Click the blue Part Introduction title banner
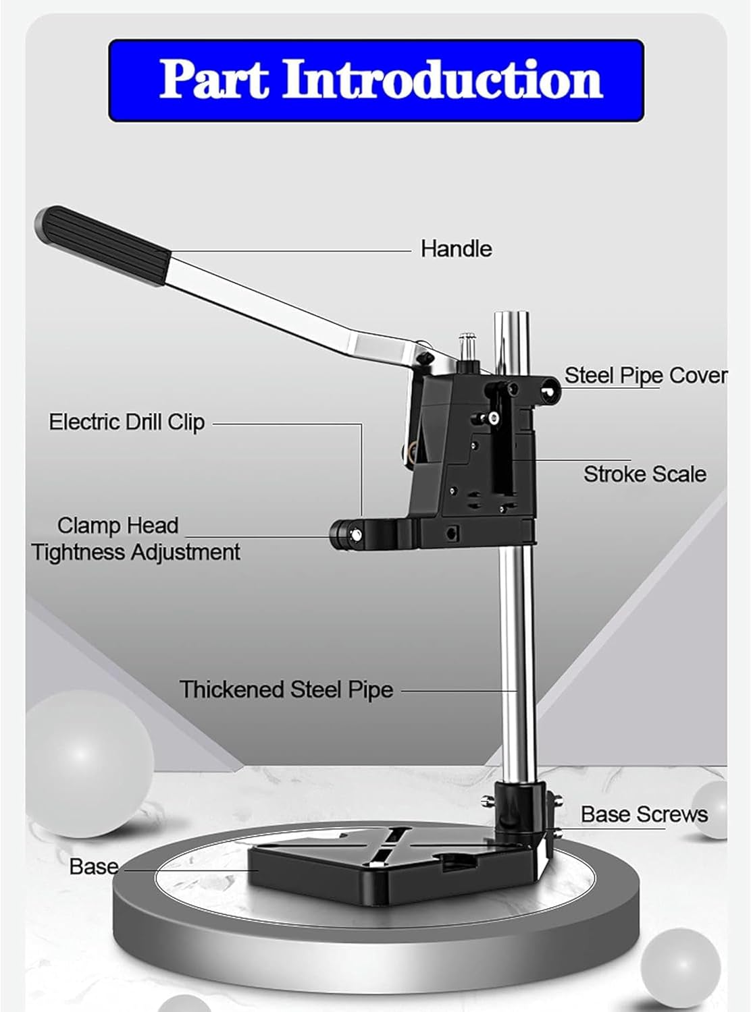(376, 80)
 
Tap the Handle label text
(456, 248)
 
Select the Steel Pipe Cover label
(645, 375)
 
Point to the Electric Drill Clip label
(126, 422)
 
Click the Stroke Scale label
(644, 474)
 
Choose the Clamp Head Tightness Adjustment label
(135, 538)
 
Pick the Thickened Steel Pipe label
(286, 690)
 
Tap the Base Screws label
(644, 814)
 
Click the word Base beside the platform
(93, 866)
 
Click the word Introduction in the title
(442, 80)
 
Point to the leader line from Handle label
(290, 250)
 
